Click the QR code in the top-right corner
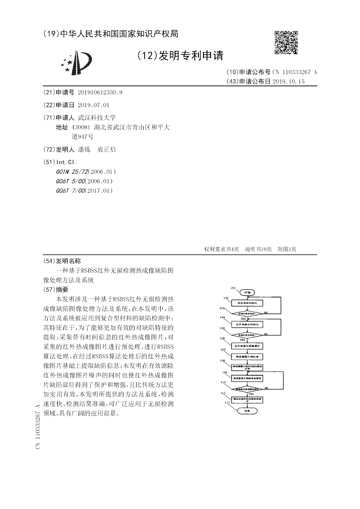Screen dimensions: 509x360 [286, 43]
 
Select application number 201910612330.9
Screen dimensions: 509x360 [100, 92]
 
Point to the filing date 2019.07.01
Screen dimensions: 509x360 [94, 105]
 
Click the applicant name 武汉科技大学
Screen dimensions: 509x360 [97, 117]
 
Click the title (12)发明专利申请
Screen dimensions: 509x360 [180, 55]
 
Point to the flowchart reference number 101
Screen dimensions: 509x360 [233, 288]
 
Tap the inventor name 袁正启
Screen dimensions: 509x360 [107, 149]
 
